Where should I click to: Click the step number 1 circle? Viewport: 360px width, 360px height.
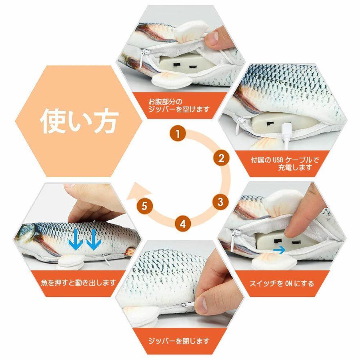[x=178, y=134]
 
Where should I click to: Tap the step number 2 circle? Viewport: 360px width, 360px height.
[x=221, y=158]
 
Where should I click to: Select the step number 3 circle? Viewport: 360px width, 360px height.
[x=220, y=202]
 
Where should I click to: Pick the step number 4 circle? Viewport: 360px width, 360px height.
[x=182, y=224]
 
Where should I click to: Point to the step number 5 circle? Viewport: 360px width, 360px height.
[x=144, y=206]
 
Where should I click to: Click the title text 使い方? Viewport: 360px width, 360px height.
[x=80, y=120]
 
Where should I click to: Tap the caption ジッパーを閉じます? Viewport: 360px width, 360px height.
[x=179, y=341]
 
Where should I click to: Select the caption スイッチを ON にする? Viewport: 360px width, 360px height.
[x=282, y=284]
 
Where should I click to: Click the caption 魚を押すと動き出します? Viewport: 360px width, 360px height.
[x=78, y=282]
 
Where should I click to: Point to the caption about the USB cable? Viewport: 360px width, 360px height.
[x=285, y=163]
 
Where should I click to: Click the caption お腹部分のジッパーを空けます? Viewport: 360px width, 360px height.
[x=179, y=105]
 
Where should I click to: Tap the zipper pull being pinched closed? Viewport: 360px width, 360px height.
[x=189, y=305]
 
